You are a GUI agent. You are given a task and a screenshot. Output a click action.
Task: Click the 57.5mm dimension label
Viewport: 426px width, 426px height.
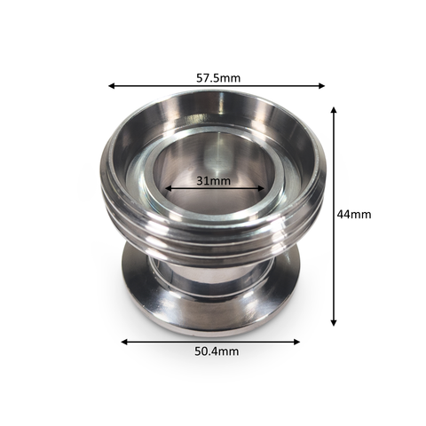coord(218,78)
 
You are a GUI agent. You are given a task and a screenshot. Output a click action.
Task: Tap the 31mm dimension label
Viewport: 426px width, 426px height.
coord(213,180)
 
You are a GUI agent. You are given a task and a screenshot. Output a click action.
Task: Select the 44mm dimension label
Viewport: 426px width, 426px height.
coord(354,214)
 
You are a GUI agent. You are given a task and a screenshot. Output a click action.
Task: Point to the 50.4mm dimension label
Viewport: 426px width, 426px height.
coord(217,351)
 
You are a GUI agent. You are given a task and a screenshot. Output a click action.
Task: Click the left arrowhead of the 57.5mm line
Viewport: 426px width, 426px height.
coord(112,86)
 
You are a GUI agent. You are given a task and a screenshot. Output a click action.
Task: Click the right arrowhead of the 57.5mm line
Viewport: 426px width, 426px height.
coord(321,86)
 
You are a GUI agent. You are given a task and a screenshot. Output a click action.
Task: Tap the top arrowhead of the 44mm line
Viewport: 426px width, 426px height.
coord(334,110)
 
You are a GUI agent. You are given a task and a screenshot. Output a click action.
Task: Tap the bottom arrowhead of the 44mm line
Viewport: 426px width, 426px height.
coord(334,322)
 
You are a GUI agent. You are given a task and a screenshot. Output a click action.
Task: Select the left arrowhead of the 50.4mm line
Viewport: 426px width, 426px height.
coord(124,342)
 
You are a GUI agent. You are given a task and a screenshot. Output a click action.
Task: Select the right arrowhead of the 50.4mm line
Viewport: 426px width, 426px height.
coord(296,342)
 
